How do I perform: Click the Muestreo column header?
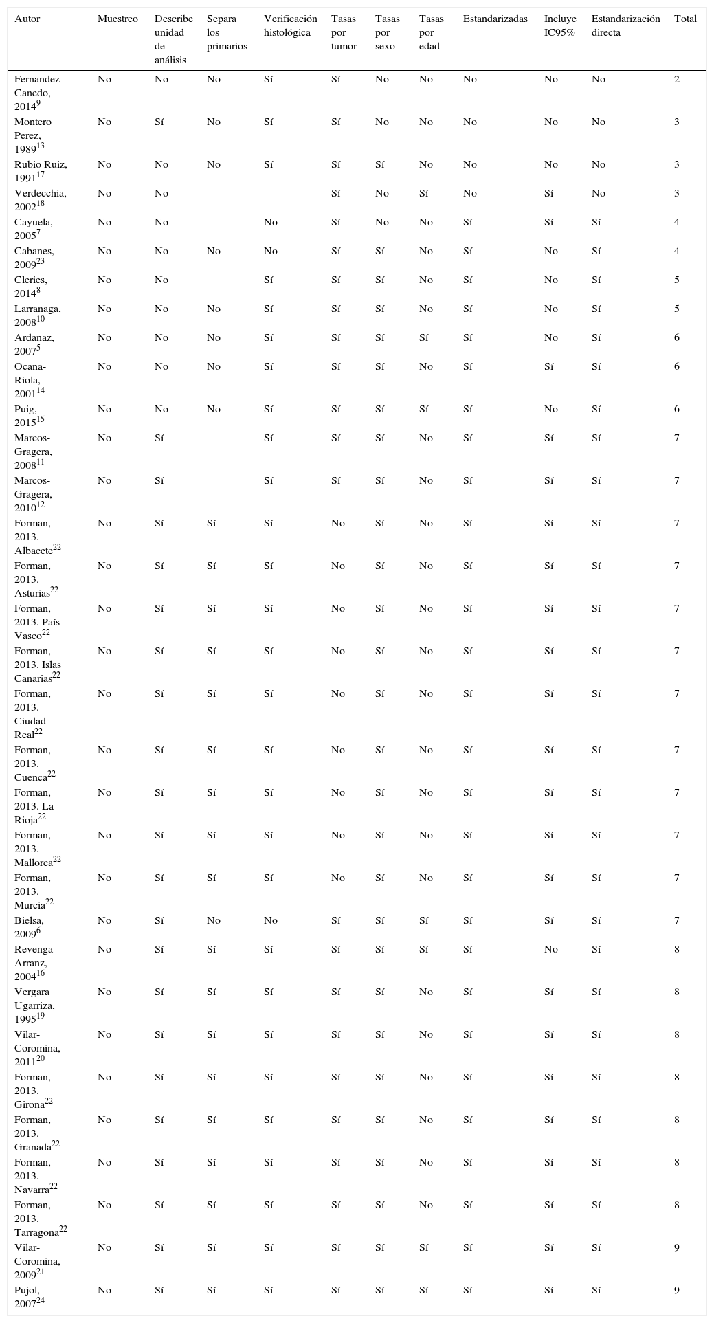[x=118, y=19]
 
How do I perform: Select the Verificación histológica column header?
[x=291, y=26]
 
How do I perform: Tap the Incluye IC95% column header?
[x=560, y=26]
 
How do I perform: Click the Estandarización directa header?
[x=625, y=26]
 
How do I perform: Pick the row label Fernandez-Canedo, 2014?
[x=38, y=93]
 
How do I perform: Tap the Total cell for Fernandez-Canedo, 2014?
[x=677, y=80]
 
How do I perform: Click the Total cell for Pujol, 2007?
[x=677, y=1290]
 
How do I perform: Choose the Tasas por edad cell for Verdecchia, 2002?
[x=425, y=194]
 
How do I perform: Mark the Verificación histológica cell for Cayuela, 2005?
[x=271, y=223]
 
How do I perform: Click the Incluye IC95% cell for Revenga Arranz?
[x=551, y=950]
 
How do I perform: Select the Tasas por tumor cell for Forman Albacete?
[x=338, y=524]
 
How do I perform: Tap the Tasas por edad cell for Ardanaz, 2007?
[x=425, y=338]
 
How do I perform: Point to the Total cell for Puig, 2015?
[x=677, y=410]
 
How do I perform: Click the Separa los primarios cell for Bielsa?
[x=214, y=921]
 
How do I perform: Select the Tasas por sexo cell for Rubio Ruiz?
[x=380, y=165]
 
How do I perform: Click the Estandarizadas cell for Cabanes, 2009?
[x=468, y=252]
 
